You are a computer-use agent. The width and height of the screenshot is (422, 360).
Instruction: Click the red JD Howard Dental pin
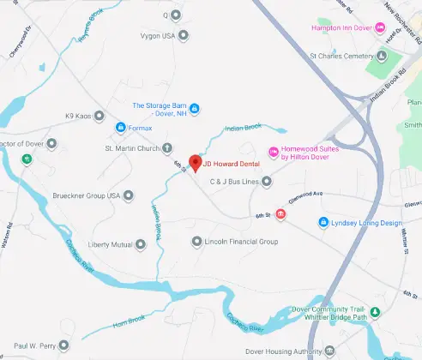click(x=195, y=163)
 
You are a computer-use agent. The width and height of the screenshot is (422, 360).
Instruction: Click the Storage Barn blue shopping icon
click(x=194, y=108)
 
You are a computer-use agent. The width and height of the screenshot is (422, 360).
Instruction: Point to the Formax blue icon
click(x=120, y=129)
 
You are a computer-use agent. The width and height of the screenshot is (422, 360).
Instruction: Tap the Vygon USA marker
click(x=183, y=36)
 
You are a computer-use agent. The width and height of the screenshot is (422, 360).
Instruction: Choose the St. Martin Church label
click(x=132, y=148)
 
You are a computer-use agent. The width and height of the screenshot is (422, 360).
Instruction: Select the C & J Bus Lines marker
click(x=266, y=181)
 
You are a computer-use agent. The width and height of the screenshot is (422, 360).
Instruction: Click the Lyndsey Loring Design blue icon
click(x=323, y=223)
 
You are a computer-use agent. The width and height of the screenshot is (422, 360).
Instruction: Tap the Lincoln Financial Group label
click(x=241, y=242)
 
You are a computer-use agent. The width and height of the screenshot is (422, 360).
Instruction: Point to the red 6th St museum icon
click(x=282, y=224)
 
